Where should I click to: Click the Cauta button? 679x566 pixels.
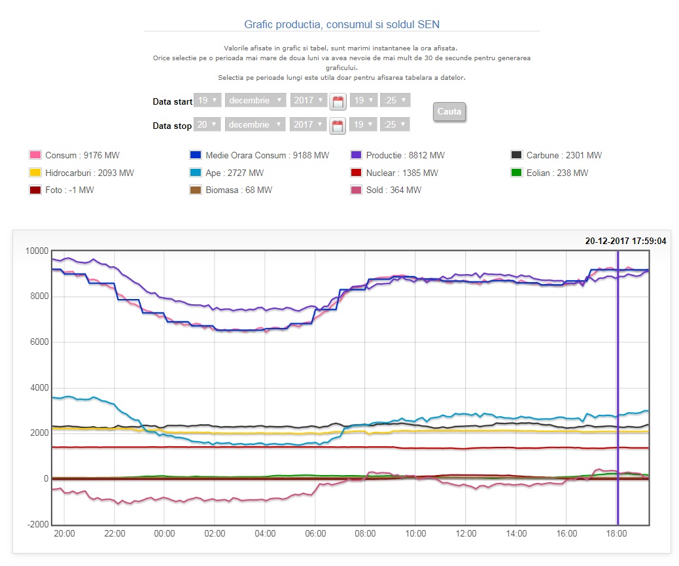(449, 111)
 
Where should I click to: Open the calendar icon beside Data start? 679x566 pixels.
(338, 101)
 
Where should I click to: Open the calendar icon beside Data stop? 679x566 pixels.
(338, 126)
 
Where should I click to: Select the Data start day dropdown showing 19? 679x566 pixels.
(207, 101)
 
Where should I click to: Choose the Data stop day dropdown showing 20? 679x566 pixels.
(207, 124)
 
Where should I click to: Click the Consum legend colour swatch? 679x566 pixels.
(35, 155)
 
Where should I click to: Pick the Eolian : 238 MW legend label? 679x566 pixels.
(557, 173)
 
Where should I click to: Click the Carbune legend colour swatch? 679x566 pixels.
(516, 155)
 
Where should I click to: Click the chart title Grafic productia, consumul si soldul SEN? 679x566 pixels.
(342, 24)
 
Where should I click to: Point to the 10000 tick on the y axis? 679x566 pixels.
(37, 251)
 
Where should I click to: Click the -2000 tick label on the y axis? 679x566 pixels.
(37, 525)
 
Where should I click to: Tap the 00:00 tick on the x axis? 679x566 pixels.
(164, 534)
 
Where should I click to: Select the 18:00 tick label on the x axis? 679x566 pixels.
(618, 534)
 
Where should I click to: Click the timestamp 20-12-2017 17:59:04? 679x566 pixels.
(625, 241)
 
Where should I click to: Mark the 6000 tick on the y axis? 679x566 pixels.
(39, 342)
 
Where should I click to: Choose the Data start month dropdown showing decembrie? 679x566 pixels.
(256, 101)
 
